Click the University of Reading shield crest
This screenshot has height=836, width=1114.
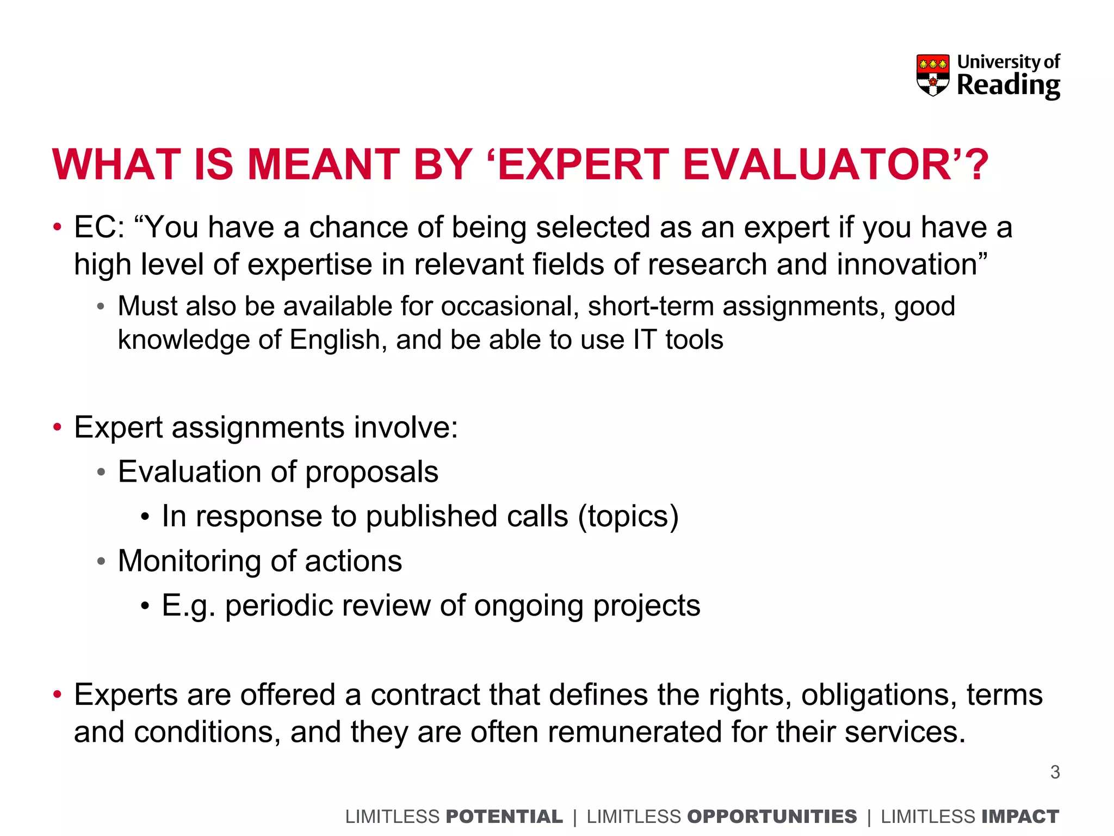933,75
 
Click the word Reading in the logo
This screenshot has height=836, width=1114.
1008,85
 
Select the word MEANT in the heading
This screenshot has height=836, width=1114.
324,164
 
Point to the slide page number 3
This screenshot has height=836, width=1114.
1055,772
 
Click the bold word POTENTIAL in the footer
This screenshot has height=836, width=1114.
504,816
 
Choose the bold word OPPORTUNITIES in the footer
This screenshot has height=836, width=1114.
772,816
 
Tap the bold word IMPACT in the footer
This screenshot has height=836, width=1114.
1021,816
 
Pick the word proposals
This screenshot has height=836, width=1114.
372,472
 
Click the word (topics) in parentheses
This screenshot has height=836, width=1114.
628,517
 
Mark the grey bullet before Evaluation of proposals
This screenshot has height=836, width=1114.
101,472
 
